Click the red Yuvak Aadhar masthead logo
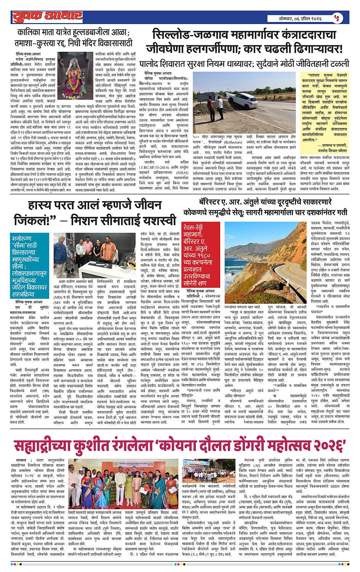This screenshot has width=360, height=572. click(47, 16)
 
